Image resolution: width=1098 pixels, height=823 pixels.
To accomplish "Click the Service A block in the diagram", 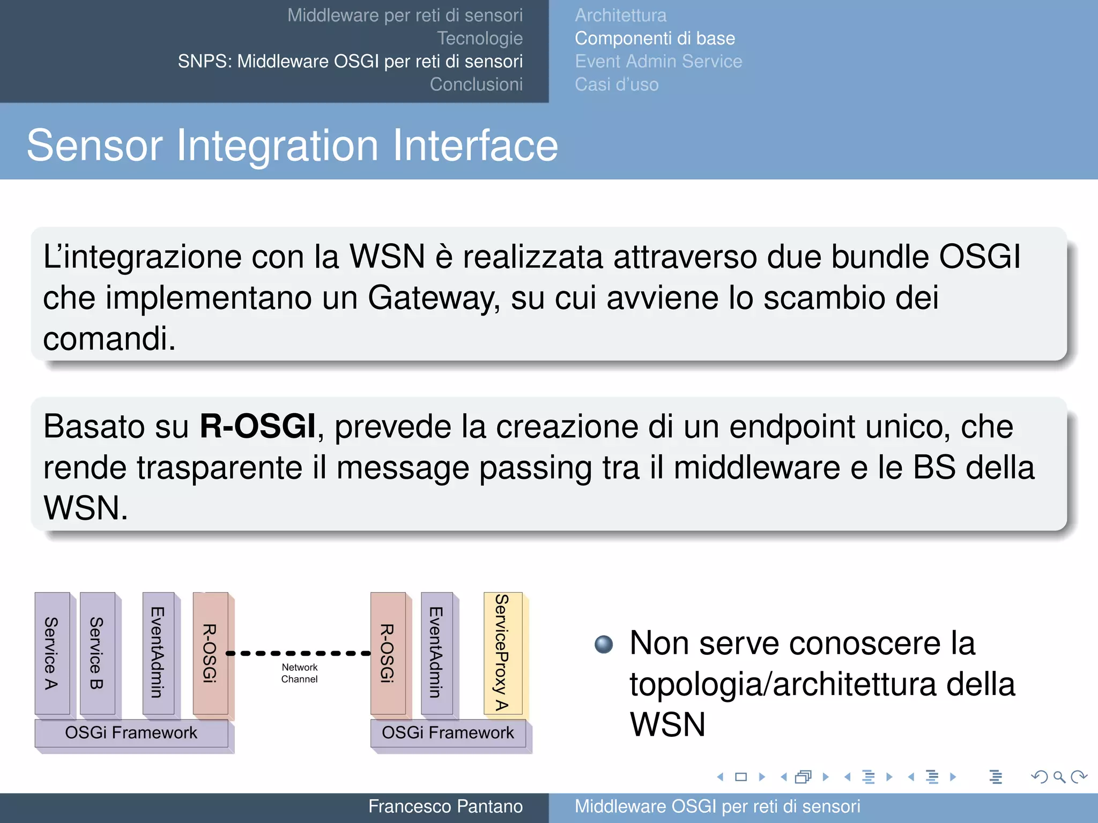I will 52,653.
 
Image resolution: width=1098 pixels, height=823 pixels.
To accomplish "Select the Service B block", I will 97,653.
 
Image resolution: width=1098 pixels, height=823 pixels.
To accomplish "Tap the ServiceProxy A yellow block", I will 502,652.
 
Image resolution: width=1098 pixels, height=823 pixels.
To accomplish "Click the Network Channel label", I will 299,673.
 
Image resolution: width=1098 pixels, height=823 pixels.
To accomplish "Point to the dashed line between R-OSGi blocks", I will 299,653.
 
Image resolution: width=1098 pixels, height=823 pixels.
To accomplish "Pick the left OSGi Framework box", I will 131,732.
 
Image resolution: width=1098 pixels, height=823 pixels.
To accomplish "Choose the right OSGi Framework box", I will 448,732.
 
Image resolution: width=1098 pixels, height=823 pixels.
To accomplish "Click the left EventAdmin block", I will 158,653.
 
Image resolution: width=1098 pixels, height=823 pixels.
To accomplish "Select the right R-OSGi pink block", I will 388,653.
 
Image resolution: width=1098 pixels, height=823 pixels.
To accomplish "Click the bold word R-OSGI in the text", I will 257,427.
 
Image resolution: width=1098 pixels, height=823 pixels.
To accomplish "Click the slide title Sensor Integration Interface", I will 292,145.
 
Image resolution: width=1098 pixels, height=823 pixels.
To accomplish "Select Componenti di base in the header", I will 655,39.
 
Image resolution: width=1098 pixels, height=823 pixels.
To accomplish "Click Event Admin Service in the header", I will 658,62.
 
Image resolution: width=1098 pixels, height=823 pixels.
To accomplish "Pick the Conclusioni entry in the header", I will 476,85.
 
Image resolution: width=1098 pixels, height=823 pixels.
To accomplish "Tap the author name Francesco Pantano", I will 445,806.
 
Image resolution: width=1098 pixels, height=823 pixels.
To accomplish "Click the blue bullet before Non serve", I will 604,644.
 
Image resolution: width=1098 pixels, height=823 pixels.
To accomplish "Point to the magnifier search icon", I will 1059,777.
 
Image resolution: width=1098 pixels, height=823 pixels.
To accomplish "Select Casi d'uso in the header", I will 617,85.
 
